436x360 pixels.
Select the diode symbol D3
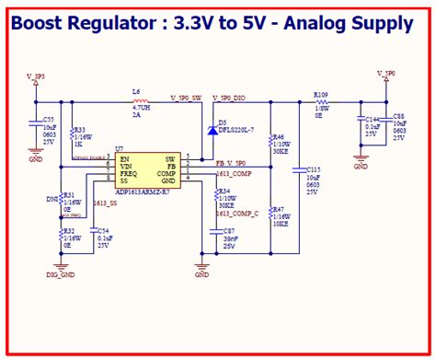[x=212, y=131]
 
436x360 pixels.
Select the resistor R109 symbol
[x=320, y=100]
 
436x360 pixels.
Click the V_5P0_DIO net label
[x=228, y=96]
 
